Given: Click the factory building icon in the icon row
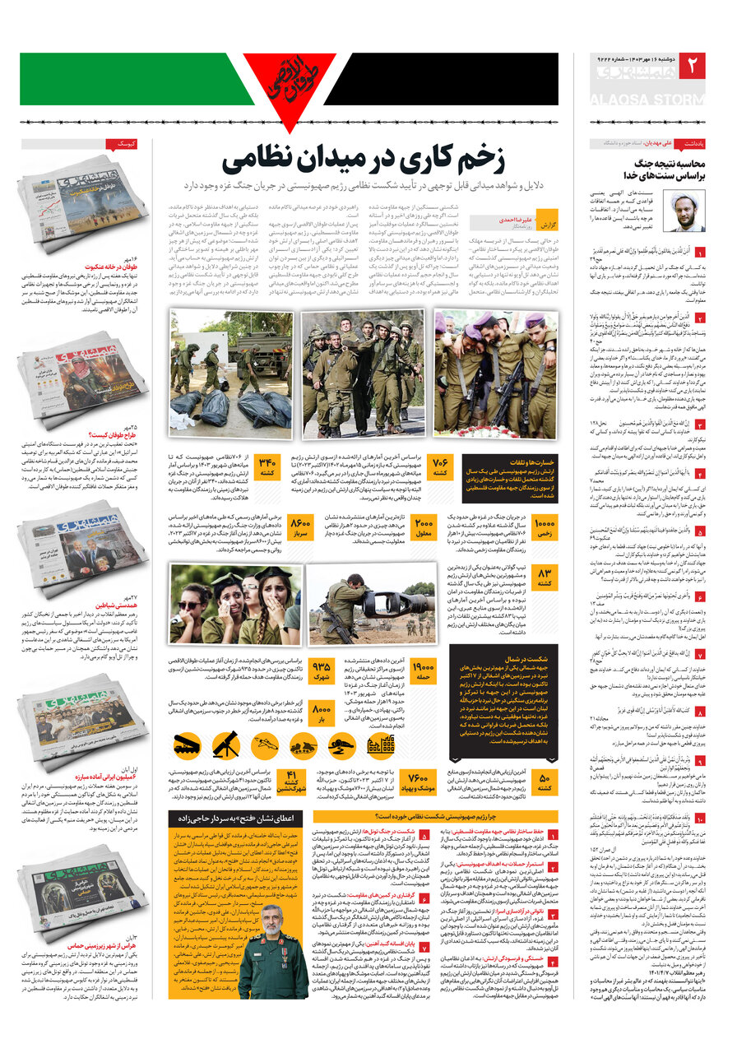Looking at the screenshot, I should [381, 745].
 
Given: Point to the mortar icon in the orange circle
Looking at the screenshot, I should [225, 745].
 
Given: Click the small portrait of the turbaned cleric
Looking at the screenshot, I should [687, 211].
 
